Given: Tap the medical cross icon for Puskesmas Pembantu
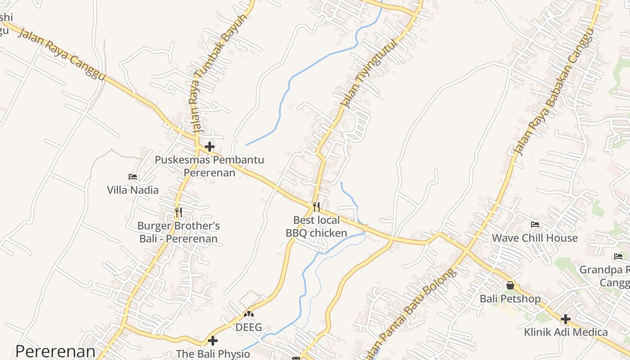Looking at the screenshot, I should pyautogui.click(x=210, y=147).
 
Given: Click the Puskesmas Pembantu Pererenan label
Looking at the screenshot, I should pyautogui.click(x=209, y=166).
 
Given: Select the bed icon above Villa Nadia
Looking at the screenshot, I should pyautogui.click(x=133, y=177).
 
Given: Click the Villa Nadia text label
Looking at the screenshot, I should pyautogui.click(x=133, y=190).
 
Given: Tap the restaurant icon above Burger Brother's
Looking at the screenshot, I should pyautogui.click(x=179, y=212).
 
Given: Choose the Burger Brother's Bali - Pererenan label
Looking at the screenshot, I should pyautogui.click(x=179, y=232).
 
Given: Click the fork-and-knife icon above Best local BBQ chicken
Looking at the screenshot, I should pyautogui.click(x=316, y=207).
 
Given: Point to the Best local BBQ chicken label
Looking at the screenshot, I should pyautogui.click(x=316, y=226).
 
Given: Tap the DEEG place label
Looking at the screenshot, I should pyautogui.click(x=249, y=327).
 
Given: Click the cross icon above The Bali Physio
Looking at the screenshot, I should pyautogui.click(x=213, y=341).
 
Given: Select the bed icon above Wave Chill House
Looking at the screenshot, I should pyautogui.click(x=535, y=225).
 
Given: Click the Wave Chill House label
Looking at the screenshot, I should pyautogui.click(x=535, y=238).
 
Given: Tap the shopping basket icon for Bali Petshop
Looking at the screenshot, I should pyautogui.click(x=510, y=285).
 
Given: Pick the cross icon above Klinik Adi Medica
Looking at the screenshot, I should pyautogui.click(x=566, y=319).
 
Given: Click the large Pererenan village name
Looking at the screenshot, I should pyautogui.click(x=55, y=351).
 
